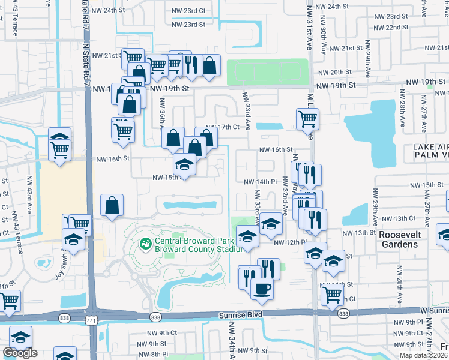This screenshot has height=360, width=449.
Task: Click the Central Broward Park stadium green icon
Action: click(x=145, y=244)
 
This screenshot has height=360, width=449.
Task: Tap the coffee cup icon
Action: click(x=261, y=289)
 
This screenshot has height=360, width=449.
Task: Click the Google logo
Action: click(x=20, y=353)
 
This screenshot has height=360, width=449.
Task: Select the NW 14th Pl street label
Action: click(x=259, y=181)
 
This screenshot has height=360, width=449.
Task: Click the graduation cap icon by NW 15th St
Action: click(x=184, y=164)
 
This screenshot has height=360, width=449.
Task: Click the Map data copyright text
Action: click(x=424, y=355)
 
